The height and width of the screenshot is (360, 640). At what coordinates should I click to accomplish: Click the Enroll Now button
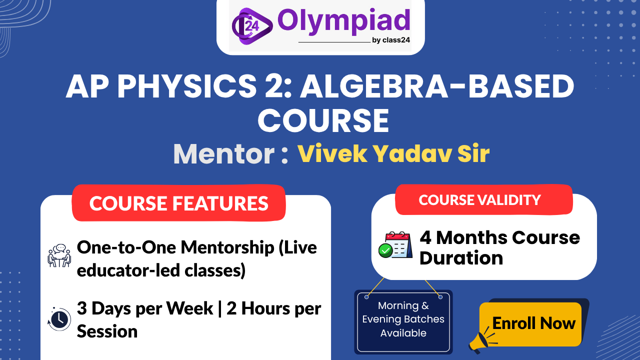(x=533, y=323)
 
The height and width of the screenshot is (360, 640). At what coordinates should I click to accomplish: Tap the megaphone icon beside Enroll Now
(x=481, y=340)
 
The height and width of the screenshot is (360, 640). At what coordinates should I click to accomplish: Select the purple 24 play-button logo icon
(x=251, y=25)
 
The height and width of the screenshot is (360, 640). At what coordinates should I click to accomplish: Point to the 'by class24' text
(x=391, y=40)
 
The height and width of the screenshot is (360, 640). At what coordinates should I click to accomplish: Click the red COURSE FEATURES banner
(x=178, y=203)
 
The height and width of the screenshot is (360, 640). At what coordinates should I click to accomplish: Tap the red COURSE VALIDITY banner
(x=480, y=200)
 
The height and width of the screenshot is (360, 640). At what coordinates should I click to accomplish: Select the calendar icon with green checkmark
(x=394, y=245)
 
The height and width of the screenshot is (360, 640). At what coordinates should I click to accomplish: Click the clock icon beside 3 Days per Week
(x=59, y=318)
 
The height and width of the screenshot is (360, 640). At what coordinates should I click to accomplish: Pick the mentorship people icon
(x=59, y=255)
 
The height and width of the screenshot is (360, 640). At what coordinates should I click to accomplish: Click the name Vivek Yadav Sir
(x=393, y=154)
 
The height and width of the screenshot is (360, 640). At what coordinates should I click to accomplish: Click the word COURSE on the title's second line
(x=323, y=120)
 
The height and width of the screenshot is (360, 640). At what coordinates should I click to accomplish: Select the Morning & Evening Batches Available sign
(x=403, y=319)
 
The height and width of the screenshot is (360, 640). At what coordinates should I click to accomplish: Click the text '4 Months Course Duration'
(x=499, y=247)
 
